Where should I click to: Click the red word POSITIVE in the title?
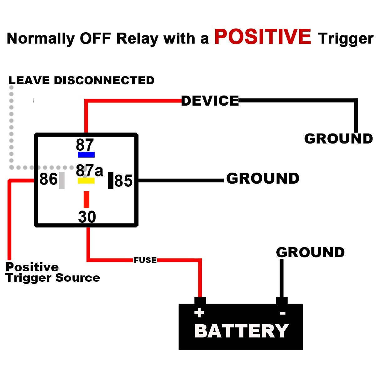tap(263, 37)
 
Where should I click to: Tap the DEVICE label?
tap(210, 101)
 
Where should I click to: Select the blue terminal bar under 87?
tap(86, 154)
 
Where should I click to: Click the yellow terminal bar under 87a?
tap(86, 180)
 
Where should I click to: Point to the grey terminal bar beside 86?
tap(62, 180)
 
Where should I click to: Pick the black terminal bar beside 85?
tap(110, 180)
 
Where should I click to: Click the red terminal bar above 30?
tap(86, 199)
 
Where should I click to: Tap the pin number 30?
tap(87, 217)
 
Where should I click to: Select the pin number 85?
tap(123, 181)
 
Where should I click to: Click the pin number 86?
tap(49, 179)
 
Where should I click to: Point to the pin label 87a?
tap(89, 171)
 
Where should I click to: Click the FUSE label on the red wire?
tap(145, 260)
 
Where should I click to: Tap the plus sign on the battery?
tap(199, 313)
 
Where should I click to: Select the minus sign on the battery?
tap(283, 313)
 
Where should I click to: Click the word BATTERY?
tap(241, 331)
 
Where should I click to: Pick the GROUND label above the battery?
tap(310, 253)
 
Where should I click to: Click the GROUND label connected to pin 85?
tap(263, 179)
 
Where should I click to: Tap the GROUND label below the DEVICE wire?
tap(338, 139)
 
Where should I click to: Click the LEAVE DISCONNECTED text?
tap(81, 81)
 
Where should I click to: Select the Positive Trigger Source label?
tap(53, 273)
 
